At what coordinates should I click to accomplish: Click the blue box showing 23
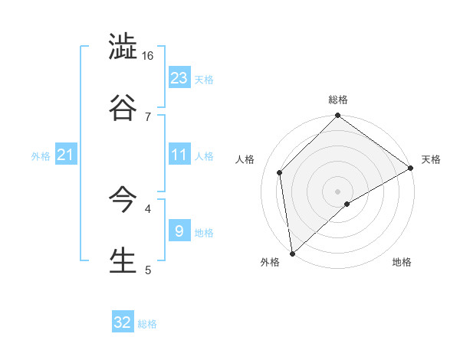point(179,78)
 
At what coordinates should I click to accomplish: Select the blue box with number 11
point(179,155)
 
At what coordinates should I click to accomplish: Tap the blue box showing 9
point(179,231)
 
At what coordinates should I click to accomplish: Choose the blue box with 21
point(65,155)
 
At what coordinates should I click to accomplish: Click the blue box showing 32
point(123,322)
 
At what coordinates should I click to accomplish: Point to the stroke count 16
point(148,56)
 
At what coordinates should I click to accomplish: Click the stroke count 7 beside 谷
point(148,116)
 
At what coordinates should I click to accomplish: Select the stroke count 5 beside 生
point(148,270)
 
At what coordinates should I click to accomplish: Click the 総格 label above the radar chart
point(338,100)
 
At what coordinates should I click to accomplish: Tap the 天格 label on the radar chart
point(431,159)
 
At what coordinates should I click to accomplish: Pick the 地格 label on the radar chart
point(402,263)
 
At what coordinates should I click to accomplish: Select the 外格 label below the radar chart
point(270,263)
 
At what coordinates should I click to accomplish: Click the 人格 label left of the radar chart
point(245,159)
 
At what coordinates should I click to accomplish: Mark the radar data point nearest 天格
point(411,168)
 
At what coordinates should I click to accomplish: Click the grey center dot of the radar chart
point(338,191)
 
